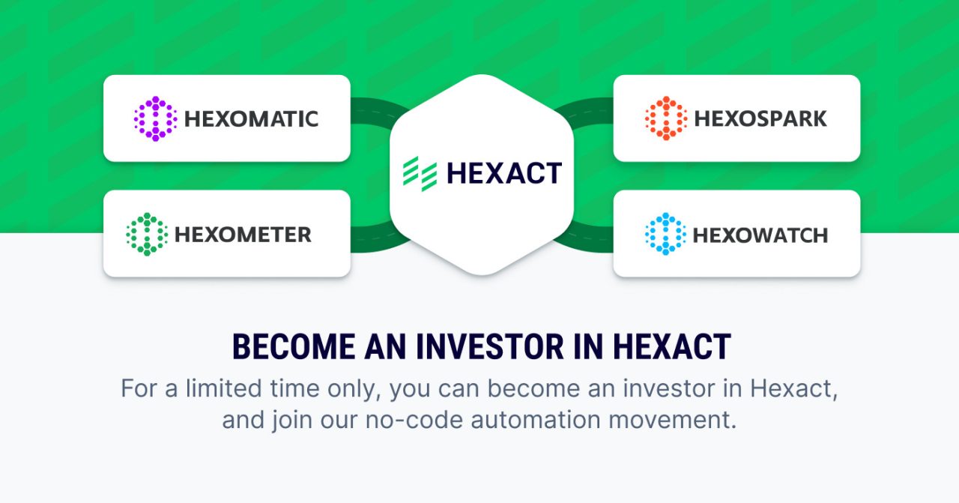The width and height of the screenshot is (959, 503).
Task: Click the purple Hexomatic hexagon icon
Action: [155, 118]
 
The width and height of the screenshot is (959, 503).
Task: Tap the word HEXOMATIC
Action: [251, 119]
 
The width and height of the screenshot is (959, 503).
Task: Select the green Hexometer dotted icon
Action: [147, 234]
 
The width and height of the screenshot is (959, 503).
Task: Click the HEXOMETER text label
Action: [243, 235]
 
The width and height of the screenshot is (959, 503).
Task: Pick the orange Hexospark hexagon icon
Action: [666, 118]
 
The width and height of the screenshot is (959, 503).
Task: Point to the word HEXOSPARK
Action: [760, 119]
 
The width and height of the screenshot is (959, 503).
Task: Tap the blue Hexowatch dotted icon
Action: [665, 234]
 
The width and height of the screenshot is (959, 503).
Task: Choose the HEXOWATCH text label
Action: [760, 235]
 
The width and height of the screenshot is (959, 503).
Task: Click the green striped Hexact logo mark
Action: [420, 173]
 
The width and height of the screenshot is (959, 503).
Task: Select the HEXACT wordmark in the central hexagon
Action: [503, 174]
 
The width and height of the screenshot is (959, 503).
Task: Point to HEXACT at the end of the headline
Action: [671, 347]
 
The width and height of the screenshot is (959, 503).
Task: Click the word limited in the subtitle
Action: [213, 389]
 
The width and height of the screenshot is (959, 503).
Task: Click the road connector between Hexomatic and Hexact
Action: [372, 112]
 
